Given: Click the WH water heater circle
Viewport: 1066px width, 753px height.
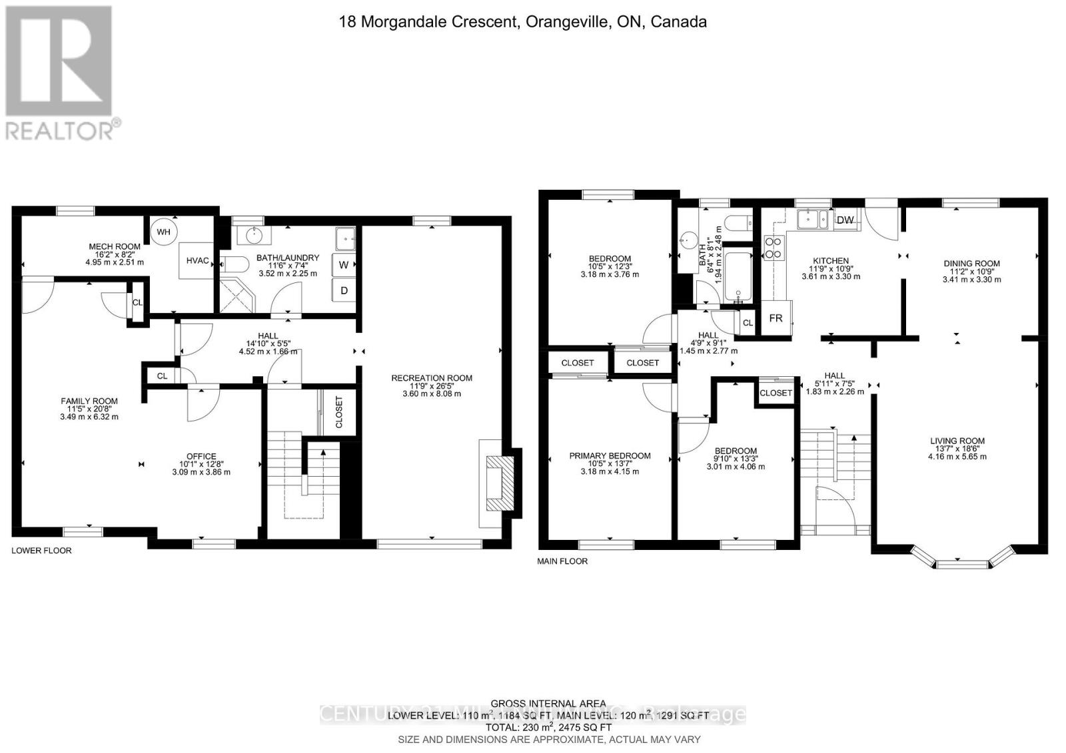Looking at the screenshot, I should click(x=164, y=232).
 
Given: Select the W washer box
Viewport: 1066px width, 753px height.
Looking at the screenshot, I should click(x=344, y=264).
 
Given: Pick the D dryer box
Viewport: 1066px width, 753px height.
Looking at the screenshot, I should click(x=344, y=290).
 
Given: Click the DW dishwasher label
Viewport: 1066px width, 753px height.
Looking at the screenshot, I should click(x=845, y=220).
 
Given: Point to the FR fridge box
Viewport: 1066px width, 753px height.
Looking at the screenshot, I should click(x=776, y=318).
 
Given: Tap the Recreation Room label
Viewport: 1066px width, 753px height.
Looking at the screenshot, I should click(x=432, y=378).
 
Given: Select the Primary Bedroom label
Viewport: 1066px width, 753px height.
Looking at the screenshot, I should click(x=610, y=456).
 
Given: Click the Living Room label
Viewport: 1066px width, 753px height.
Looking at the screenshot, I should click(x=957, y=441).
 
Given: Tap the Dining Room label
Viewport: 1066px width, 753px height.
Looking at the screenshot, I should click(x=971, y=264).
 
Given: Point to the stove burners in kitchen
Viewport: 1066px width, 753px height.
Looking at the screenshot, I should click(x=774, y=248).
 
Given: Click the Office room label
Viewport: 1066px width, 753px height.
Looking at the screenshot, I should click(x=201, y=457).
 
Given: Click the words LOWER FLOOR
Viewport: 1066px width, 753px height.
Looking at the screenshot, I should click(x=41, y=551).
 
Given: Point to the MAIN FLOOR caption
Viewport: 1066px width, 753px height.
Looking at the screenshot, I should click(x=562, y=561).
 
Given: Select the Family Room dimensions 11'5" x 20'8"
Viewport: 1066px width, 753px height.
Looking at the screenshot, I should click(x=89, y=409).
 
